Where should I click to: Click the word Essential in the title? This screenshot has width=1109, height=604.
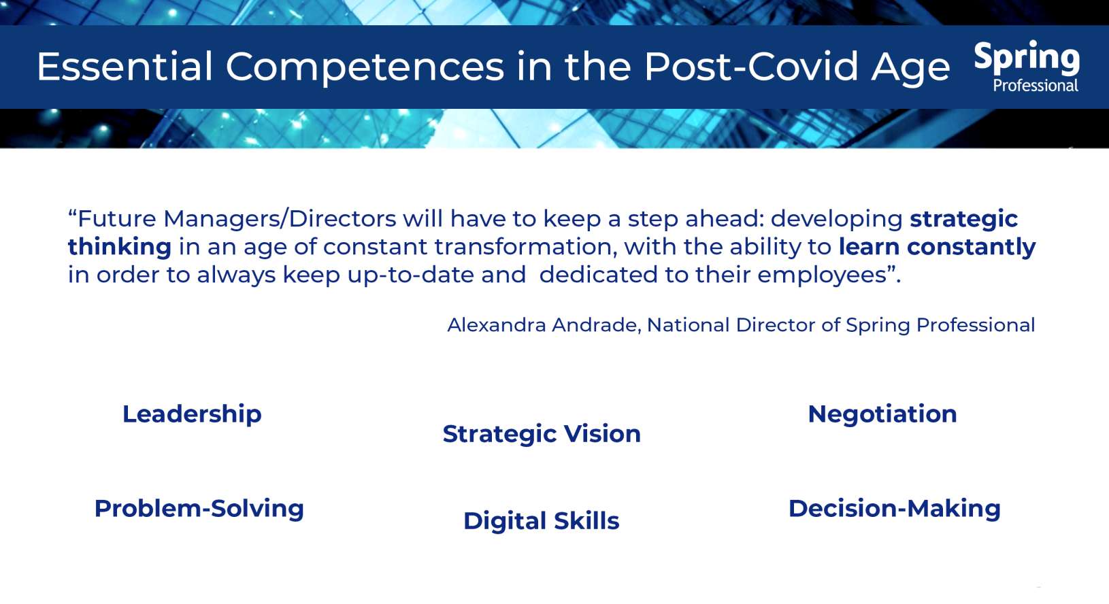coord(125,67)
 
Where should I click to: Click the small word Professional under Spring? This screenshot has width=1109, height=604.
coord(1035,86)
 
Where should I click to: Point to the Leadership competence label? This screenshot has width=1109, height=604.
coord(192,414)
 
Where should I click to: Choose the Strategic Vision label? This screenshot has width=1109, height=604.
coord(542,434)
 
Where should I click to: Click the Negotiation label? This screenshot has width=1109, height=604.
coord(882,414)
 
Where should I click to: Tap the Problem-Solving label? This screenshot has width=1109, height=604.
coord(199,509)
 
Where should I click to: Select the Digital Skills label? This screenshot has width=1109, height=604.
coord(541,521)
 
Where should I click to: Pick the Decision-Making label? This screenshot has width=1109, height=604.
coord(894,509)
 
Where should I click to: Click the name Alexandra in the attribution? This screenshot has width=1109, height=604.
coord(497,325)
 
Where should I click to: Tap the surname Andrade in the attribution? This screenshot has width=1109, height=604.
coord(596,325)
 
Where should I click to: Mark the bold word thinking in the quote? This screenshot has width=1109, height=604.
coord(119,247)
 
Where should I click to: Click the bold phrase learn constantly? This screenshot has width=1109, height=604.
coord(936,247)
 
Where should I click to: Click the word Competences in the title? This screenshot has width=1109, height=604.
coord(365,67)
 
